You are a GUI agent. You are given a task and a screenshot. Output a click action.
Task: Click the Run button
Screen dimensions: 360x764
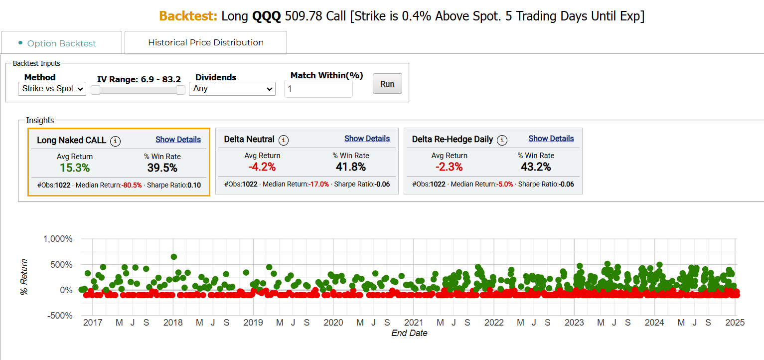387,84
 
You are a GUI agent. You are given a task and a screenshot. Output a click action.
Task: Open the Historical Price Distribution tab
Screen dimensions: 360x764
205,42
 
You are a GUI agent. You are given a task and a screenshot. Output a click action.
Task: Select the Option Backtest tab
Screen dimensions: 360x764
61,43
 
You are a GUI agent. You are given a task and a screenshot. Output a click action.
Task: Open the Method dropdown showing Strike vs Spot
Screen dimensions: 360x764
52,89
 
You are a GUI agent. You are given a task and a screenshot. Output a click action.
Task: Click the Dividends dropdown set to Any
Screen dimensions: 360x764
232,89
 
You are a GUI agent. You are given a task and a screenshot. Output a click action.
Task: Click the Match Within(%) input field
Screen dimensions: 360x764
318,89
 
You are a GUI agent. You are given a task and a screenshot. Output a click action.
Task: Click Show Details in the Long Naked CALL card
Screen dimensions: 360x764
178,140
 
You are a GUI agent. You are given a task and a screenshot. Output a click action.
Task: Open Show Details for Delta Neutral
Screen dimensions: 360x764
367,139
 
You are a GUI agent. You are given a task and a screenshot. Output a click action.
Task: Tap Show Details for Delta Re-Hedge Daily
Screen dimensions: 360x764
551,139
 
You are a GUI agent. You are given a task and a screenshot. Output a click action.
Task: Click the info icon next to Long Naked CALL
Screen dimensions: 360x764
116,141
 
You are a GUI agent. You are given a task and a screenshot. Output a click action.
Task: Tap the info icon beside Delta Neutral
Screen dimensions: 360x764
284,140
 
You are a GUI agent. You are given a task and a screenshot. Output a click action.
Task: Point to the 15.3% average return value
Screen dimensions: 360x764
75,168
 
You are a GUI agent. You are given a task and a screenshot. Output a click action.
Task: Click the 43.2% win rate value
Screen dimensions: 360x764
536,167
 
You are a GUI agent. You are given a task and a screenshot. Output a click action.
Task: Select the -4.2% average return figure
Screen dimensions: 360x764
262,167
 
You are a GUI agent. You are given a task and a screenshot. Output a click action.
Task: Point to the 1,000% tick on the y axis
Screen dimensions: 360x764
58,239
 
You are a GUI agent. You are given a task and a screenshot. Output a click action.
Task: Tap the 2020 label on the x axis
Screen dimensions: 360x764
333,323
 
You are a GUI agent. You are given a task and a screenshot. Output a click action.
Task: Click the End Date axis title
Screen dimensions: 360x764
409,333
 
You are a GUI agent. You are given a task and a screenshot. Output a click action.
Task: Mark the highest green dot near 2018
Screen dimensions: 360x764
174,257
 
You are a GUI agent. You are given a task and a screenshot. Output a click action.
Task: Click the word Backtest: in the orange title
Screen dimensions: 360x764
188,16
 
